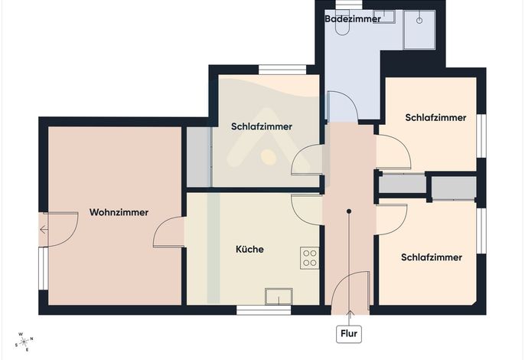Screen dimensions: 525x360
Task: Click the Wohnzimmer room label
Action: pyautogui.click(x=119, y=212)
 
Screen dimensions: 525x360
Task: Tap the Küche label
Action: pyautogui.click(x=249, y=249)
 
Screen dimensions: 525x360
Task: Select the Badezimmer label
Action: pyautogui.click(x=353, y=19)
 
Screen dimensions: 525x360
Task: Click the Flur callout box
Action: pyautogui.click(x=349, y=333)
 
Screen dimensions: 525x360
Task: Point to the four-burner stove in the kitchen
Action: pyautogui.click(x=310, y=258)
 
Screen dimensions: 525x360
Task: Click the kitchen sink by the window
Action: pyautogui.click(x=279, y=296)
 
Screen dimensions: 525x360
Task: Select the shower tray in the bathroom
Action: pyautogui.click(x=419, y=30)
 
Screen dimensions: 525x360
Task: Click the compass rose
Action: pyautogui.click(x=24, y=342)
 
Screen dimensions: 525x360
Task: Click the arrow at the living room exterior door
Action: pyautogui.click(x=44, y=230)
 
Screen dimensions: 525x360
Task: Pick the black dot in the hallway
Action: pyautogui.click(x=349, y=211)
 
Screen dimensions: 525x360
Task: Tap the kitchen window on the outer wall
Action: pyautogui.click(x=264, y=310)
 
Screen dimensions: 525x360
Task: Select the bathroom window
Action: pyautogui.click(x=349, y=4)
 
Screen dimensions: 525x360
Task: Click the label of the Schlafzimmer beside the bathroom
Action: pyautogui.click(x=435, y=118)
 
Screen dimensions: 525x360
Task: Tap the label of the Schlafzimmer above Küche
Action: pyautogui.click(x=262, y=126)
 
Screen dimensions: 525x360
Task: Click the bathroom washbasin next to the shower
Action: pyautogui.click(x=384, y=16)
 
